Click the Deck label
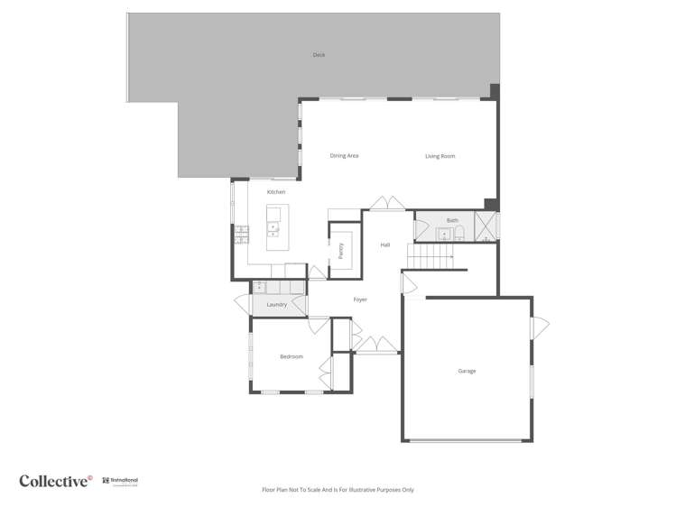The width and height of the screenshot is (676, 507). [319, 55]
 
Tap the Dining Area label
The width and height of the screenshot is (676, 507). [344, 156]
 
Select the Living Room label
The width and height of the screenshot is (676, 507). [440, 157]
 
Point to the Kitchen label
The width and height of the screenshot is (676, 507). [276, 192]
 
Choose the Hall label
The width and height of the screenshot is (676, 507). [385, 245]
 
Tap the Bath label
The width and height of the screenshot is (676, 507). [452, 220]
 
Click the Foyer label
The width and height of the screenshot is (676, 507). [360, 300]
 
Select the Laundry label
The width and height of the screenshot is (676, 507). [276, 305]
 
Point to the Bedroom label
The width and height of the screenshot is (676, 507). [292, 357]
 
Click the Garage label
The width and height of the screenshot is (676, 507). [467, 371]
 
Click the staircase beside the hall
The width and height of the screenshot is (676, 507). [431, 259]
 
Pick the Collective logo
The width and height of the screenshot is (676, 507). [56, 481]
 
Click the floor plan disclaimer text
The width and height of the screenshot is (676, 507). [338, 490]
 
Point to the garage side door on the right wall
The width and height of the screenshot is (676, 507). [540, 326]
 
